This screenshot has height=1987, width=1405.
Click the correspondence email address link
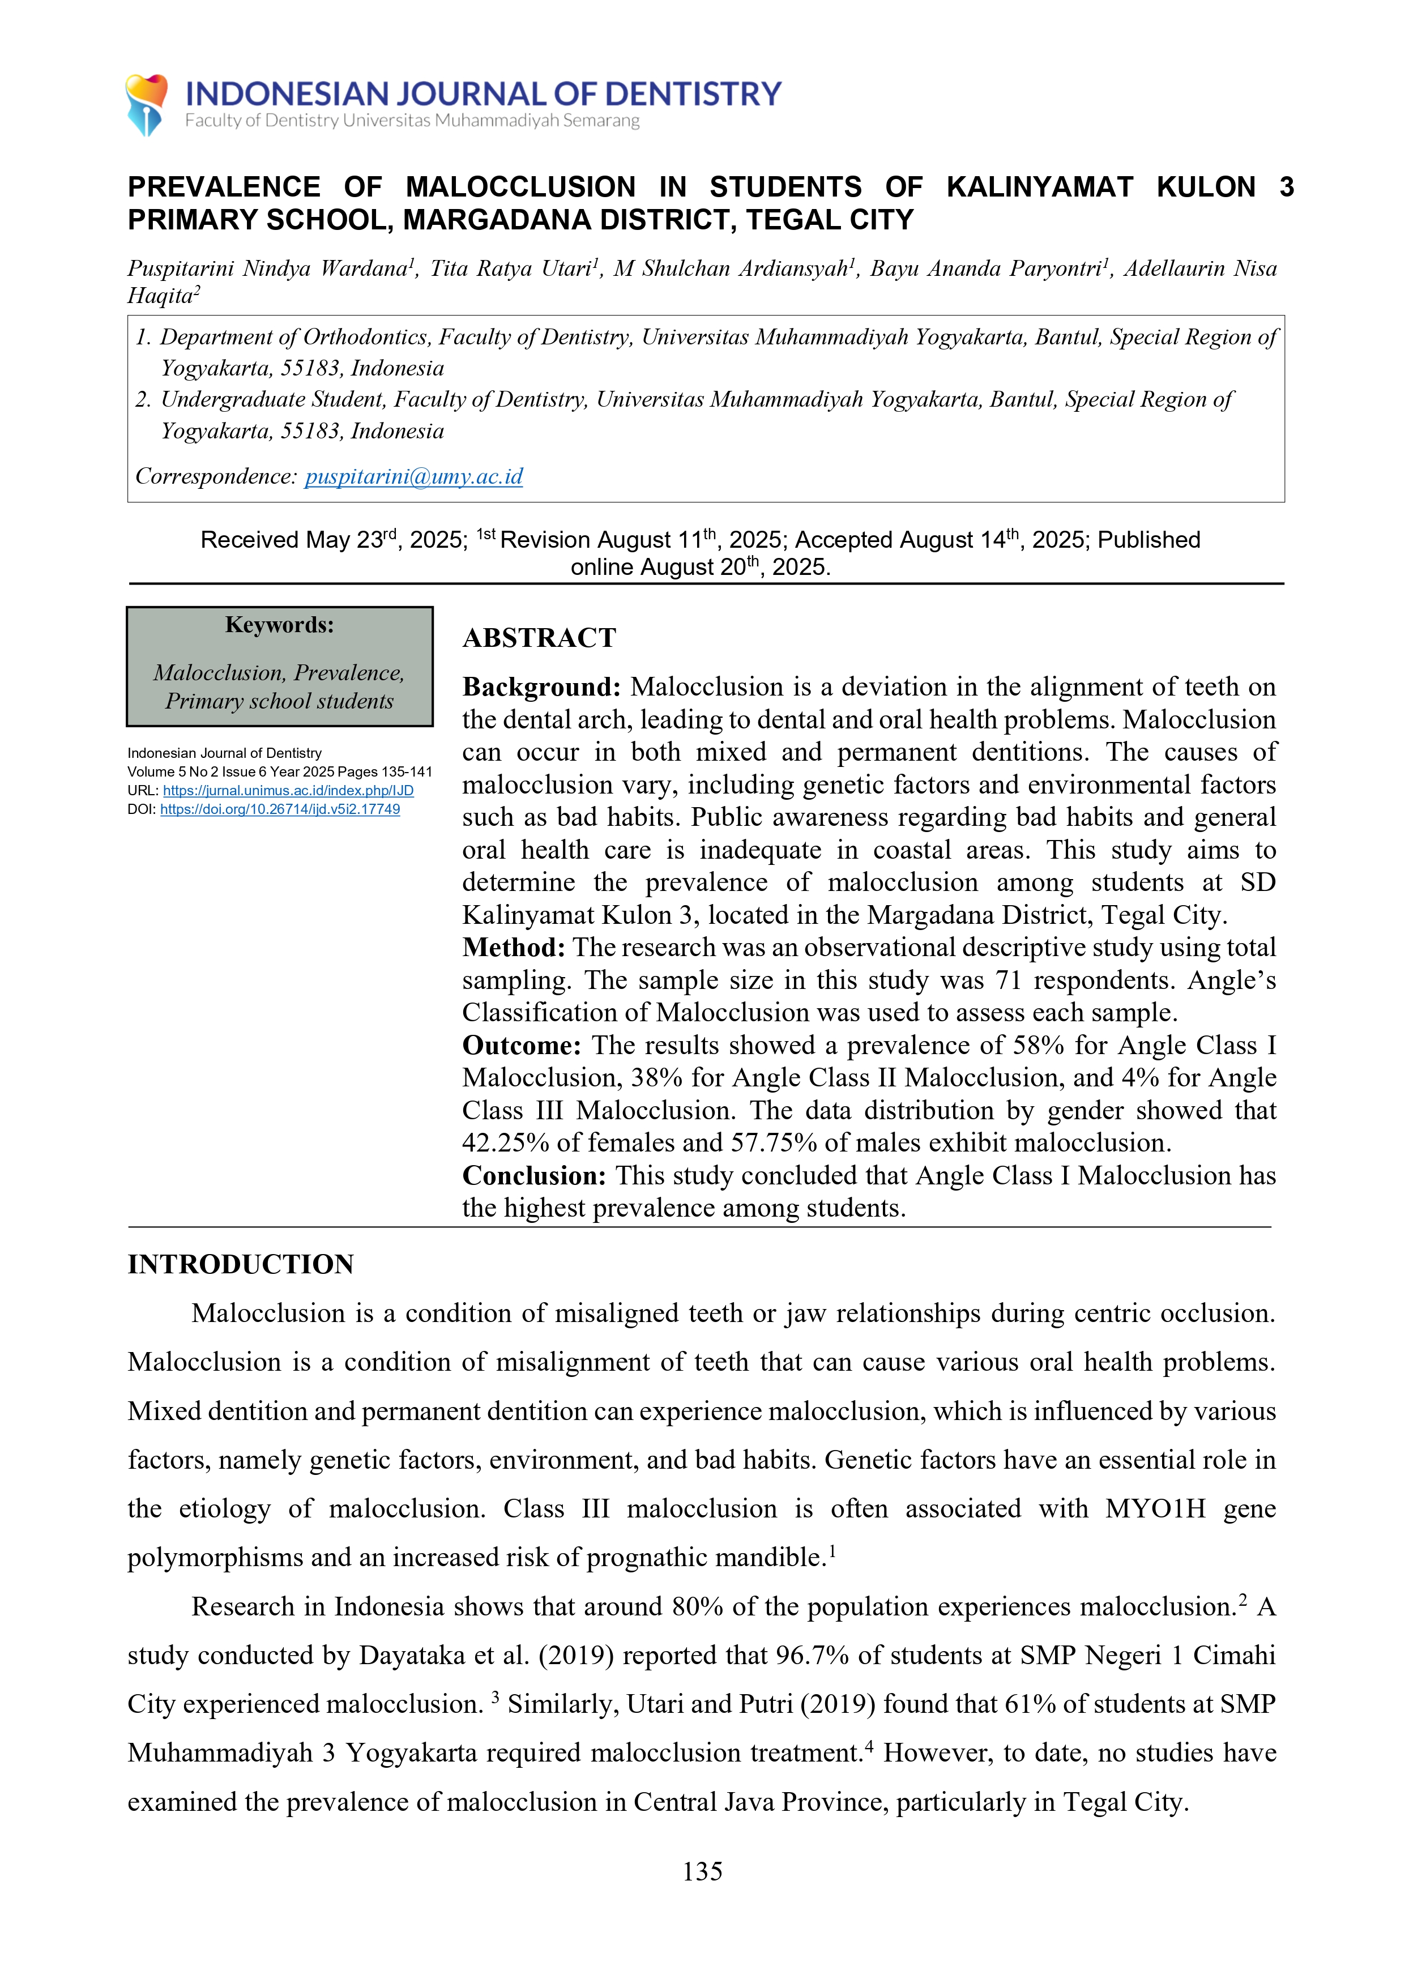click(x=413, y=476)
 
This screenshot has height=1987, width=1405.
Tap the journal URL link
click(x=288, y=790)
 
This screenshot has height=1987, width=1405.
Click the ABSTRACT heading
click(x=539, y=638)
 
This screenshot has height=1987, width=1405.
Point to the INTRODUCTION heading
click(x=241, y=1264)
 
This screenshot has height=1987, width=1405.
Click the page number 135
click(x=702, y=1871)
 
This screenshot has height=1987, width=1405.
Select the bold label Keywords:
click(x=279, y=625)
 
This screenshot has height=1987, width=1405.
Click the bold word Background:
click(x=541, y=687)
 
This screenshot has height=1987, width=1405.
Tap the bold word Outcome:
click(x=522, y=1046)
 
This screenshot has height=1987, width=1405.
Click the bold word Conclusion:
click(x=534, y=1176)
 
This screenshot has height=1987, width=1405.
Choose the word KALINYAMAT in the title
click(x=1039, y=187)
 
